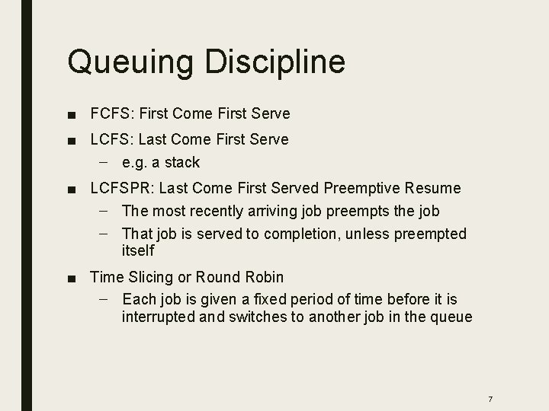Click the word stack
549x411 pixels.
coord(183,162)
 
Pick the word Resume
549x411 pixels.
coord(435,188)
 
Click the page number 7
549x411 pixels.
coord(490,378)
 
